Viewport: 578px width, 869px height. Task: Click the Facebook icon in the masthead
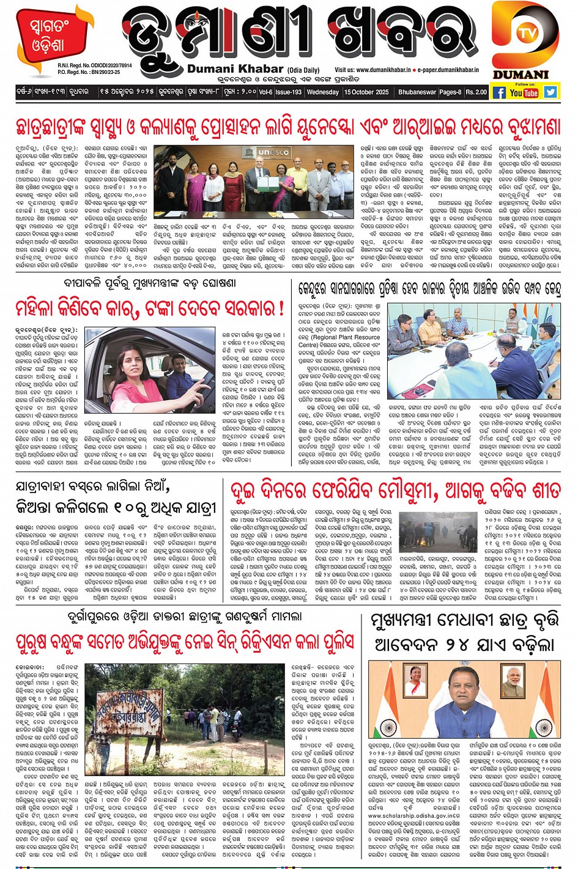499,93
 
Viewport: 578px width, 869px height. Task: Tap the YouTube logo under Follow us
524,93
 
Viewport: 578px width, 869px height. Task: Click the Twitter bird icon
550,92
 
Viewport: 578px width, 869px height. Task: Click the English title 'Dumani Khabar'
235,69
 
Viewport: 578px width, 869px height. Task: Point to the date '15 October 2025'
366,92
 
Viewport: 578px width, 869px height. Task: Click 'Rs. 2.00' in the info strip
476,92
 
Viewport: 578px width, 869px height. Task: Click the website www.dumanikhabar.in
375,70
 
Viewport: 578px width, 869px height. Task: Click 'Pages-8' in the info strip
450,92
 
